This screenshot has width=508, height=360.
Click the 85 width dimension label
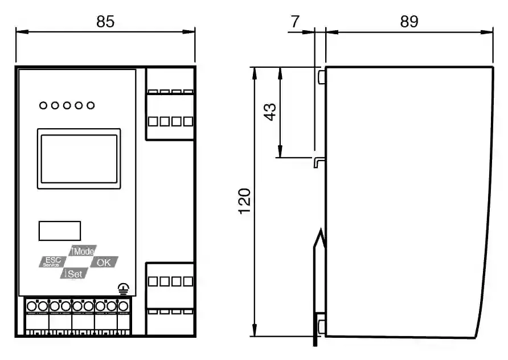pyautogui.click(x=105, y=22)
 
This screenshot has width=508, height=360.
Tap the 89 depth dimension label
pyautogui.click(x=409, y=22)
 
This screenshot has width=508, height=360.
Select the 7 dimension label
pyautogui.click(x=295, y=22)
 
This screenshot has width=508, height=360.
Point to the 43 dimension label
pyautogui.click(x=270, y=112)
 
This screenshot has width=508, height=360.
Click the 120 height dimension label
pyautogui.click(x=245, y=201)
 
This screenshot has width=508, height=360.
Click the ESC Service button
pyautogui.click(x=52, y=262)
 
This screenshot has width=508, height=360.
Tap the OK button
pyautogui.click(x=104, y=262)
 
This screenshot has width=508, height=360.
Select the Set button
pyautogui.click(x=74, y=273)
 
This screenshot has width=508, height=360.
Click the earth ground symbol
pyautogui.click(x=124, y=288)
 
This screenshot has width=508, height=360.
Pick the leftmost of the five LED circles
pyautogui.click(x=43, y=105)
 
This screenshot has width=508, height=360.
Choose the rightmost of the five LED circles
pyautogui.click(x=91, y=105)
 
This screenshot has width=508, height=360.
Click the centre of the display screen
pyautogui.click(x=79, y=159)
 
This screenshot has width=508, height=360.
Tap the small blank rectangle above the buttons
pyautogui.click(x=60, y=231)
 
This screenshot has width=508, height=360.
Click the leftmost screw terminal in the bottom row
pyautogui.click(x=32, y=306)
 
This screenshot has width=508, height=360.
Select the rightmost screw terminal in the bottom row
pyautogui.click(x=123, y=306)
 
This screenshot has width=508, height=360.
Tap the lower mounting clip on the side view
pyautogui.click(x=322, y=326)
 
